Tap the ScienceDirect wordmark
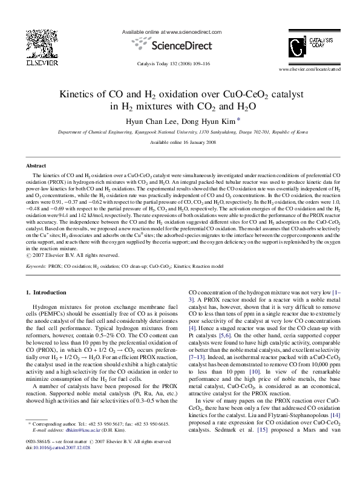click(182, 46)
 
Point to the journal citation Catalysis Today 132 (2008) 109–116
click(180, 63)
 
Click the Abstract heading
click(36, 165)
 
